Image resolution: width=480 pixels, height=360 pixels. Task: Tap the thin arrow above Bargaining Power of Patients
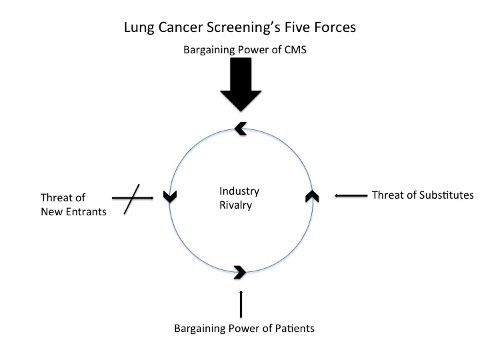point(241,304)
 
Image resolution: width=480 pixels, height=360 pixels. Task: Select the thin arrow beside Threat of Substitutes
point(351,195)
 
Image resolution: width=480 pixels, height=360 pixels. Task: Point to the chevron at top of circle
point(241,129)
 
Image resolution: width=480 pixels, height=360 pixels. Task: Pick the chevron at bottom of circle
point(241,271)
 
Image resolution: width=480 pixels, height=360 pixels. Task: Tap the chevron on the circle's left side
point(168,196)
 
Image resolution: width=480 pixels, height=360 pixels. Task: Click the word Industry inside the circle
point(239,191)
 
